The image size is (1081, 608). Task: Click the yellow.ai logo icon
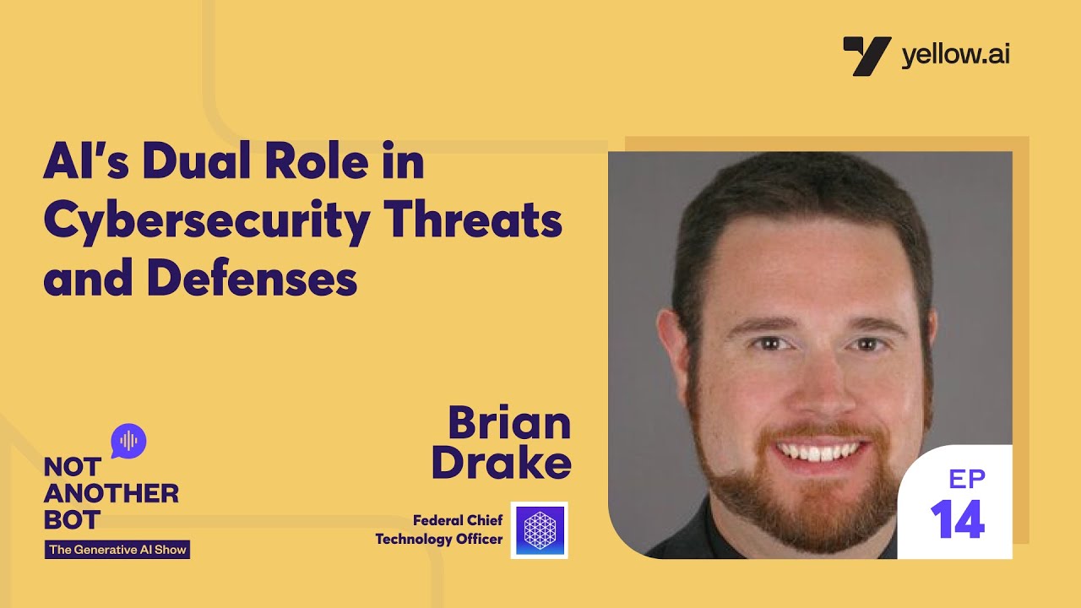point(866,56)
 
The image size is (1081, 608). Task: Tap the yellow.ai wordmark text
point(955,56)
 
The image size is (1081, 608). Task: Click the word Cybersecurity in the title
point(206,221)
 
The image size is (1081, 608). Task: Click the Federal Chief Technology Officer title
point(439,529)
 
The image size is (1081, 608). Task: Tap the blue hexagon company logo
point(539,530)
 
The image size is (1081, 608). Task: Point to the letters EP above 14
point(967,480)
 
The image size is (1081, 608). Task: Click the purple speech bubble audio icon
point(128,441)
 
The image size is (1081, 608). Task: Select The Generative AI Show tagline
point(117,550)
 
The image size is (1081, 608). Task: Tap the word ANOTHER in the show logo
point(111,493)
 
